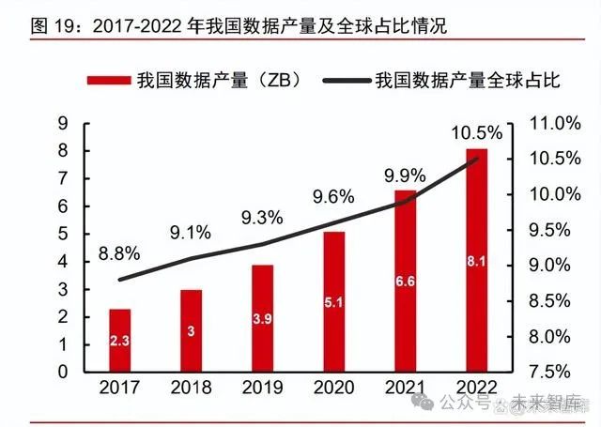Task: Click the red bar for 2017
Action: pyautogui.click(x=119, y=339)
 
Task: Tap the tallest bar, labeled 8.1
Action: pyautogui.click(x=476, y=259)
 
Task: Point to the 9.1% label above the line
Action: pyautogui.click(x=190, y=230)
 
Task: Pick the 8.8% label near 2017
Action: pyautogui.click(x=119, y=252)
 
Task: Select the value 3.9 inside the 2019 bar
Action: pyautogui.click(x=262, y=319)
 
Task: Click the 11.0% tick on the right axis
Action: pyautogui.click(x=549, y=123)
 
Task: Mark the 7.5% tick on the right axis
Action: pyautogui.click(x=549, y=372)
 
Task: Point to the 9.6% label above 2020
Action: pyautogui.click(x=333, y=197)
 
